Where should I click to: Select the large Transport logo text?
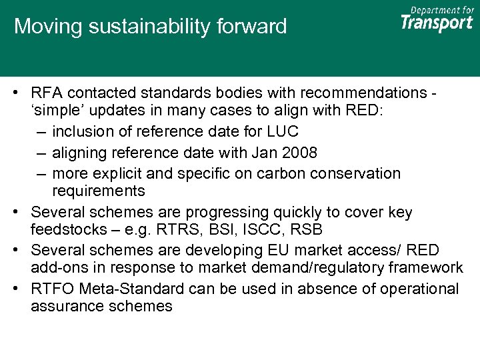click(x=437, y=23)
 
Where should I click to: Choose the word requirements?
click(x=98, y=191)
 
